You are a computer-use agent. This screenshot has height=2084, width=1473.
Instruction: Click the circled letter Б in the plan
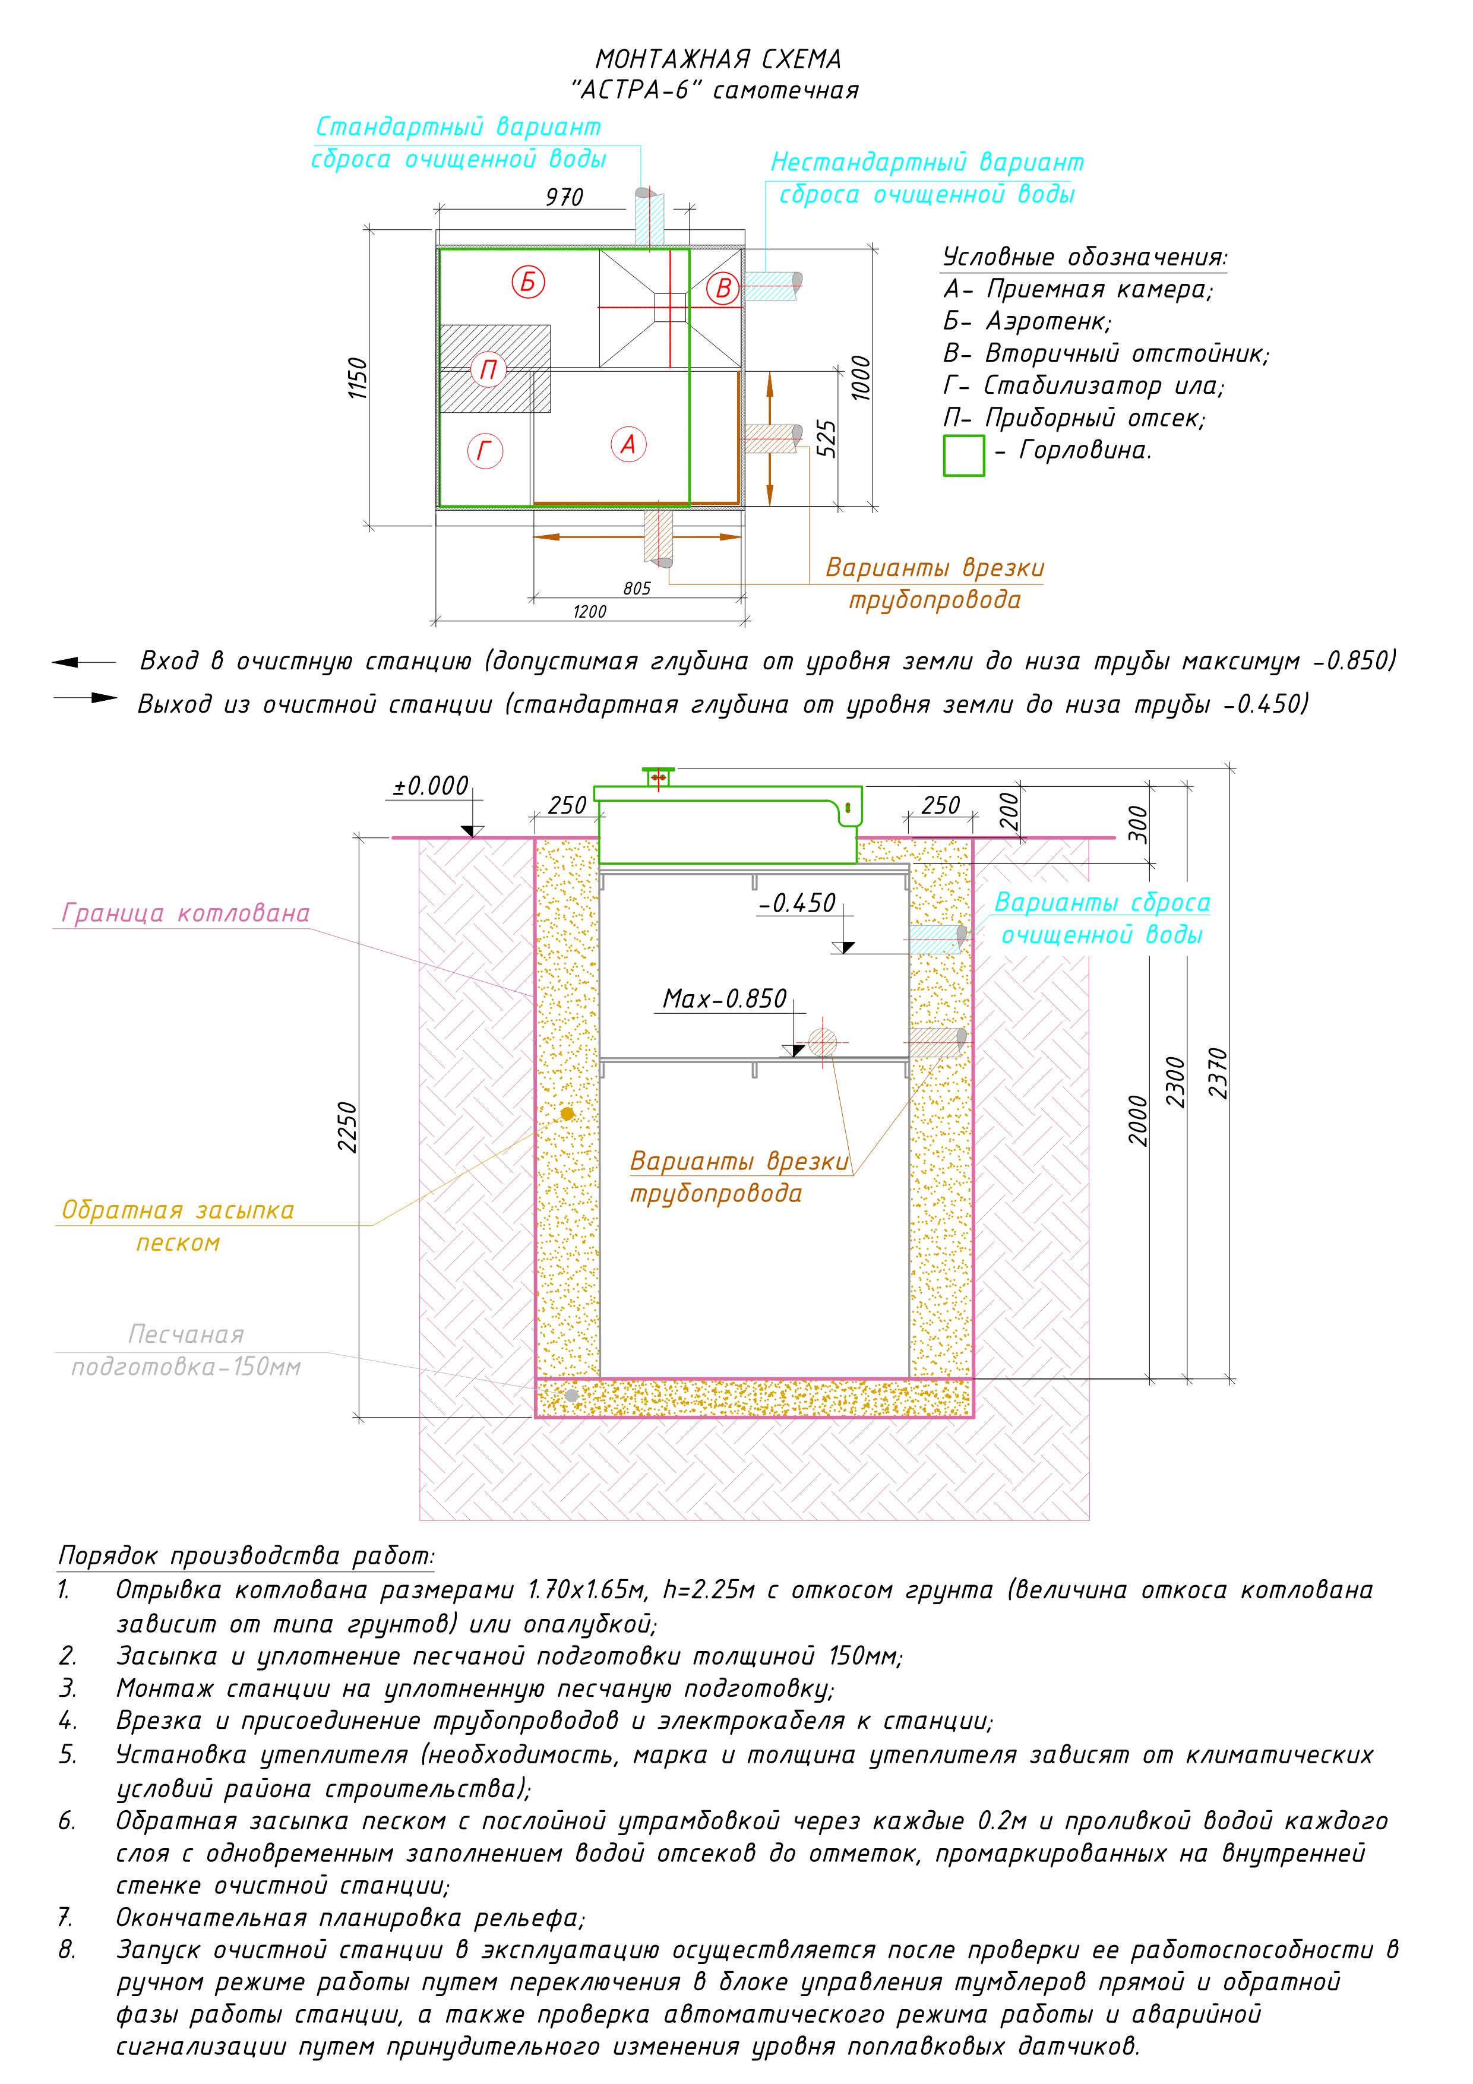[x=527, y=282]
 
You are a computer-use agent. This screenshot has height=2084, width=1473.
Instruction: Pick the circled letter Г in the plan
[x=485, y=451]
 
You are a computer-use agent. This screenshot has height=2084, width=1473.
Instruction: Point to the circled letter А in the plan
[x=628, y=445]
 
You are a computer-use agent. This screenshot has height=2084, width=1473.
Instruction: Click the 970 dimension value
[x=564, y=197]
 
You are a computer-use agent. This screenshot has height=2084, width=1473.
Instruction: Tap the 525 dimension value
[x=827, y=438]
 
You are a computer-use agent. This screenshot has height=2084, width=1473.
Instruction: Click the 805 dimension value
[x=637, y=588]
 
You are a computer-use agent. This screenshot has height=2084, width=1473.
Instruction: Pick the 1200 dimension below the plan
[x=590, y=612]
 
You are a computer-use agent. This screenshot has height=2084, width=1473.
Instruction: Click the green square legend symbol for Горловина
[x=964, y=456]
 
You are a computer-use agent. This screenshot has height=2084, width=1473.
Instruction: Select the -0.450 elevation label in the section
[x=797, y=903]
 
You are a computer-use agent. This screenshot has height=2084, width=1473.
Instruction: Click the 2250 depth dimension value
[x=347, y=1127]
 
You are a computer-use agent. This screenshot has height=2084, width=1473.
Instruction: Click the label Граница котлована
[x=186, y=913]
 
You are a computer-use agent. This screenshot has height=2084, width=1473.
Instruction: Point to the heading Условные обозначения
[x=1086, y=257]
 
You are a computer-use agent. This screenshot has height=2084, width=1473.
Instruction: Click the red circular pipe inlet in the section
[x=822, y=1042]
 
